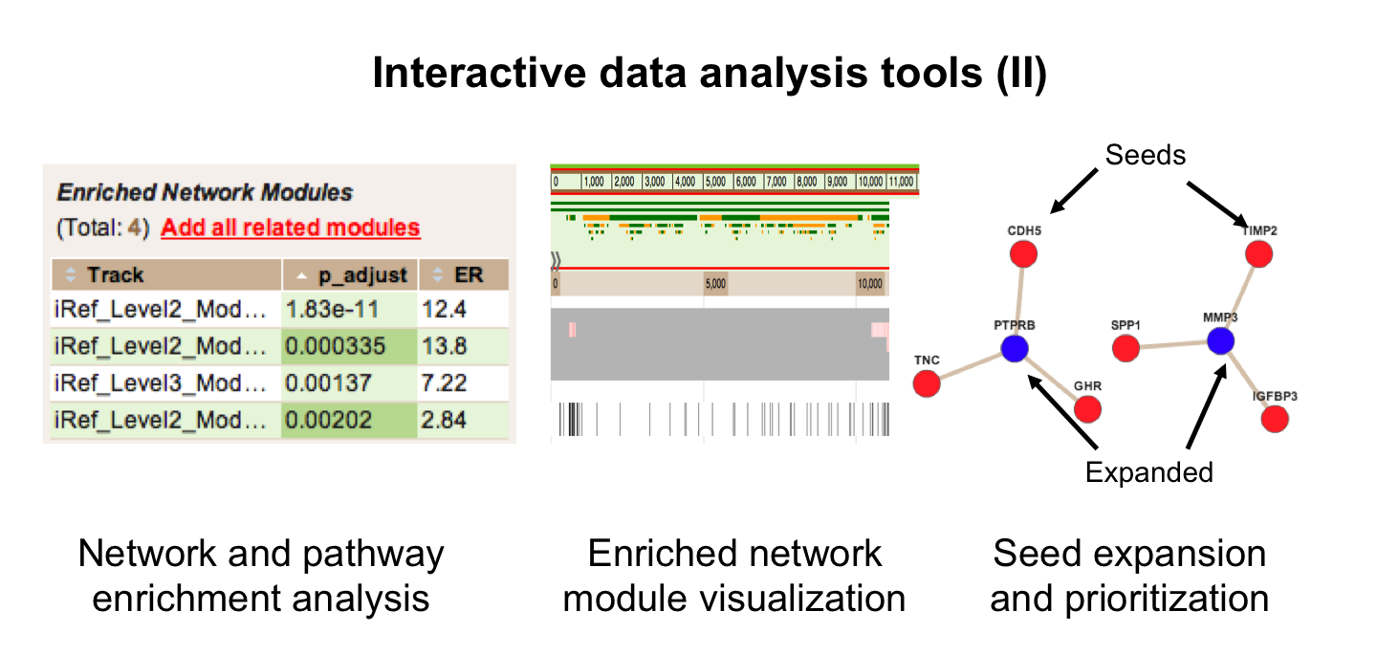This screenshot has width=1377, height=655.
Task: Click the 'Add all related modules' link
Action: [x=291, y=229]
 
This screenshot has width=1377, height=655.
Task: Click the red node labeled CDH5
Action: [x=1023, y=254]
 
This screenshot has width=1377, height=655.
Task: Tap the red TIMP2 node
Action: [x=1258, y=254]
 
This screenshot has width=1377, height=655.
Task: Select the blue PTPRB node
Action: [x=1015, y=348]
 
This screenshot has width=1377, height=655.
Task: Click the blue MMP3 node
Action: [x=1219, y=340]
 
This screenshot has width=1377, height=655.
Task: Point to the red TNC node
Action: [x=926, y=383]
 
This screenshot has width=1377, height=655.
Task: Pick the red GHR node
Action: [x=1087, y=409]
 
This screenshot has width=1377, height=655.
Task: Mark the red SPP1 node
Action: [x=1126, y=348]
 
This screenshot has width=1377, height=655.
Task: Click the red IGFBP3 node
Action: [x=1275, y=419]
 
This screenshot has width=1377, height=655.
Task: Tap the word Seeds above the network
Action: [x=1145, y=155]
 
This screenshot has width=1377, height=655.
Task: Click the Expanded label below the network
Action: [x=1148, y=471]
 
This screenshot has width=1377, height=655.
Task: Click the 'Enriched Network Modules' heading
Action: [x=205, y=192]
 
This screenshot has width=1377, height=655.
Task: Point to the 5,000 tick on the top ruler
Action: [x=716, y=181]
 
